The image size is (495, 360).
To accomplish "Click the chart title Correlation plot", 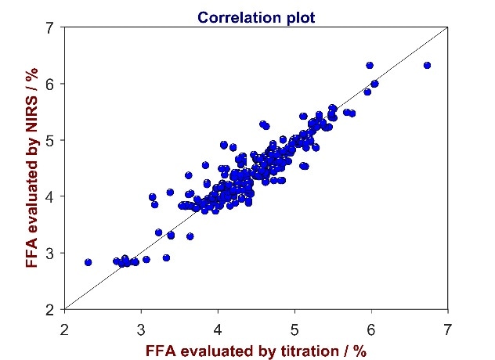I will point(258,16).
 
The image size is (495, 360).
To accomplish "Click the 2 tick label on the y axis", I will point(50,310).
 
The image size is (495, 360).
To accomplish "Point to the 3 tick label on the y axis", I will point(50,253).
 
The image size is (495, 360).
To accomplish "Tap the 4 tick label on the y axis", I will point(50,196).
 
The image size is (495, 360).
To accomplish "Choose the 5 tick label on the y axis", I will point(50,140).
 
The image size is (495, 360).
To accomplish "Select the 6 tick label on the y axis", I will point(50,84).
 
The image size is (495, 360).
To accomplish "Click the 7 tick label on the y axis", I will point(50,27).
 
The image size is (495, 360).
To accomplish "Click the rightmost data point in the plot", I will point(427,65).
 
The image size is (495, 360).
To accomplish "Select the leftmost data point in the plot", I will point(88,262).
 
